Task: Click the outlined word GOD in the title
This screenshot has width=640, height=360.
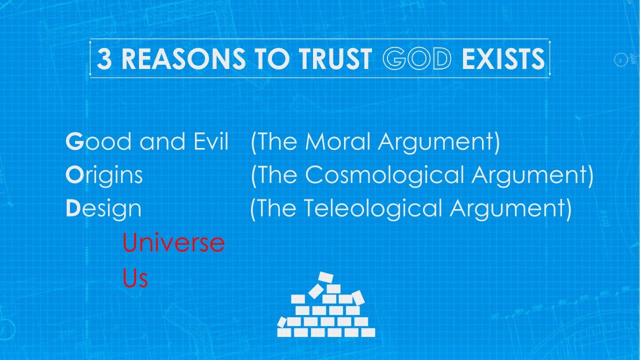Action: (x=417, y=59)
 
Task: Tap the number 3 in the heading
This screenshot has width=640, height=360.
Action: (x=104, y=59)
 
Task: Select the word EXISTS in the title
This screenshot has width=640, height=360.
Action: (x=503, y=59)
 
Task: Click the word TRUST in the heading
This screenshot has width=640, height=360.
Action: (x=336, y=59)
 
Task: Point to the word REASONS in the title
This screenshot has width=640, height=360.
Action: (x=183, y=59)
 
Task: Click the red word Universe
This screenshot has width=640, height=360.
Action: (x=173, y=243)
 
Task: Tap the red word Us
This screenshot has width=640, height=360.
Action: (x=135, y=278)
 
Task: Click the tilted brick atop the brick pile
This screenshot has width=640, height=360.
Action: (x=325, y=276)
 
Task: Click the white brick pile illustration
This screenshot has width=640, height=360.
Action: (x=326, y=310)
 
